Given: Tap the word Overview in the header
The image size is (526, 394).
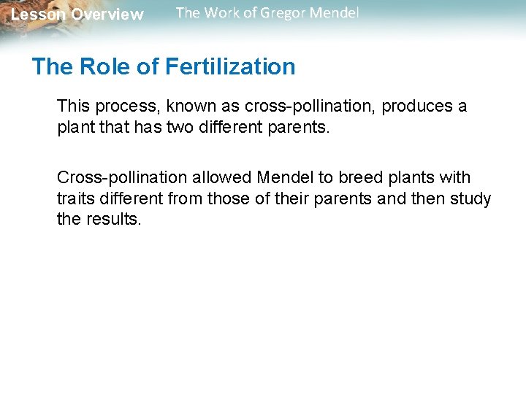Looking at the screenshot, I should tap(107, 15).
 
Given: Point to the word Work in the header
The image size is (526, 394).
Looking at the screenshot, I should tap(223, 13).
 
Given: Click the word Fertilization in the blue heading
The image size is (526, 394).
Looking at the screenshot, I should tap(230, 67).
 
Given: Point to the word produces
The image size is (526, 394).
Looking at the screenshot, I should tap(418, 107).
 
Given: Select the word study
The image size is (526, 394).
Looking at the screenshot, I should tap(473, 199).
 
